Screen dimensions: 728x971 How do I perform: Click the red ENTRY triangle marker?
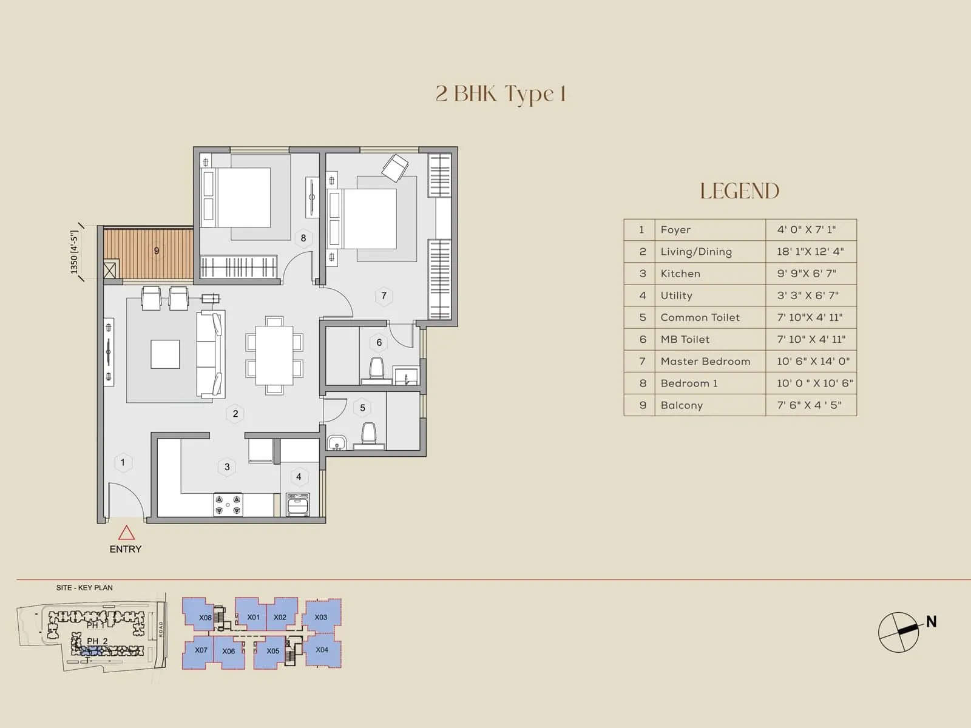point(126,533)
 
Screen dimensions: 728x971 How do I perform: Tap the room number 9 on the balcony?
point(157,251)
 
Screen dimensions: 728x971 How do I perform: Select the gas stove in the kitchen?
point(228,505)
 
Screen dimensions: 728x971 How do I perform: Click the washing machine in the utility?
point(298,505)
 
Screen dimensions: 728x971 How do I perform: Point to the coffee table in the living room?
point(165,354)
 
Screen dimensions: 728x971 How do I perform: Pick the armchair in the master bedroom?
point(395,167)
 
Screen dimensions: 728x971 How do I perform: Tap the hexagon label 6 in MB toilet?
point(379,343)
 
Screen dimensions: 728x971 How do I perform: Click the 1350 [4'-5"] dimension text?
point(75,252)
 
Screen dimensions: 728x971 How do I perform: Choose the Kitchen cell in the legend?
point(680,274)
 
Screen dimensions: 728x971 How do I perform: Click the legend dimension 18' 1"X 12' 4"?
point(810,252)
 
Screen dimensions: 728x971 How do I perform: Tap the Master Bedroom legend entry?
point(705,362)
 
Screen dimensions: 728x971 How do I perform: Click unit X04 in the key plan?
point(322,650)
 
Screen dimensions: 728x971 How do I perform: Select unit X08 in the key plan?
point(205,618)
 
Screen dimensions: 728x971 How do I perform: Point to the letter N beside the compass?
point(931,622)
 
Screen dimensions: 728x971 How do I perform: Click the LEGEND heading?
point(739,191)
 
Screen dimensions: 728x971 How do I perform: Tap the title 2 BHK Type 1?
point(501,94)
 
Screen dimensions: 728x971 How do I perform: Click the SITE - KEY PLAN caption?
point(84,588)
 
